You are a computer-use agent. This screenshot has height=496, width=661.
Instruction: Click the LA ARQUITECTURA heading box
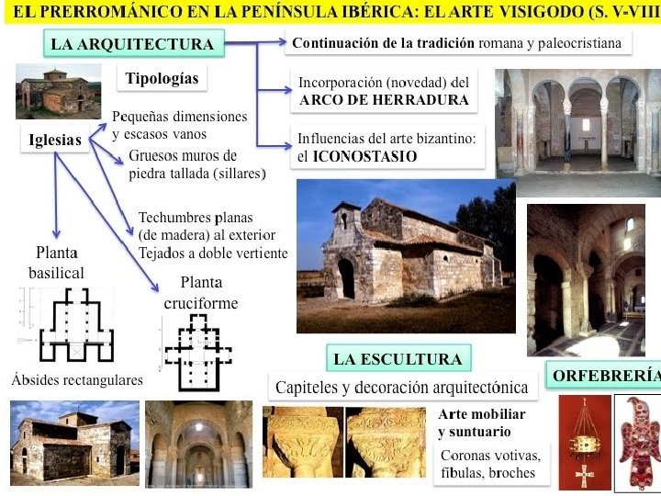[132, 44]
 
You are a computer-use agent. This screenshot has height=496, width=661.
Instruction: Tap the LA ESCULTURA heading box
[398, 359]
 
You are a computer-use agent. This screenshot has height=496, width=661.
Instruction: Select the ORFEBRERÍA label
[606, 376]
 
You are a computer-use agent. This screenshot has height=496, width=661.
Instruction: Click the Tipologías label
[162, 78]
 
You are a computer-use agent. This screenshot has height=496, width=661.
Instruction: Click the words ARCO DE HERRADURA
[384, 100]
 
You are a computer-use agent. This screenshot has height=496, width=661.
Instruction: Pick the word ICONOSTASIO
[364, 156]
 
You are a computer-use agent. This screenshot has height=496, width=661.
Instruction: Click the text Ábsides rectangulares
[77, 379]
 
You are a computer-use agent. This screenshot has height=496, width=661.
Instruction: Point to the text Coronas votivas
[490, 456]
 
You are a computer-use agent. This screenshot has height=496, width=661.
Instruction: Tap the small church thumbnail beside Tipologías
[57, 92]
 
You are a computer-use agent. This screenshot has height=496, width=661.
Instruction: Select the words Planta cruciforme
[200, 293]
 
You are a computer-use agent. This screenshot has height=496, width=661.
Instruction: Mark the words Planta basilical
[56, 263]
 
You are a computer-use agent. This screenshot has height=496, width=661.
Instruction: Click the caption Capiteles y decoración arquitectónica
[401, 387]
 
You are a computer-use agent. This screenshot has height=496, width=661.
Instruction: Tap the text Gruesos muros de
[183, 155]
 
